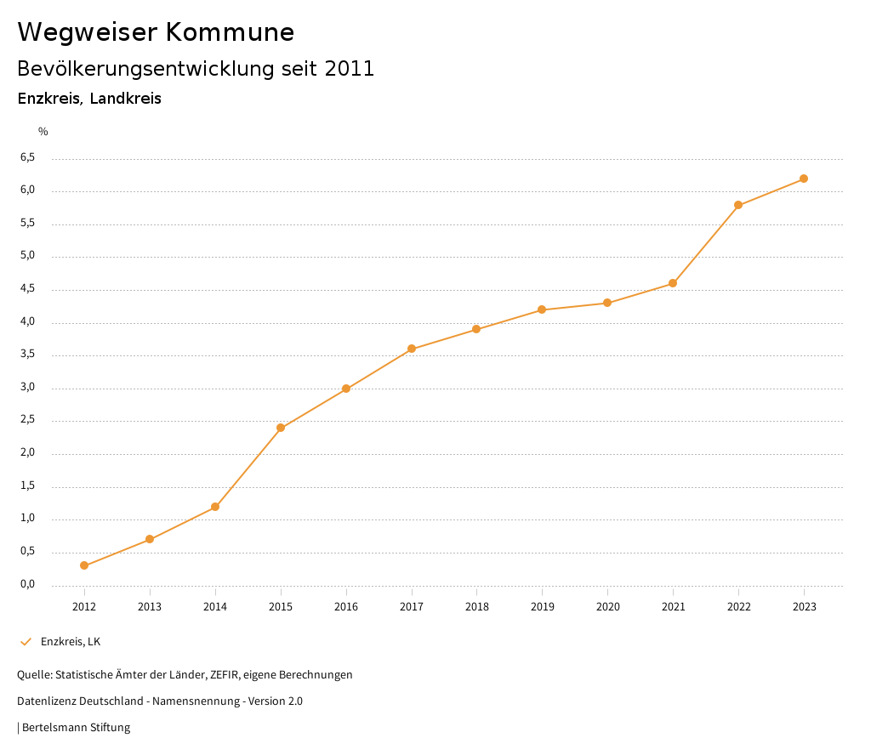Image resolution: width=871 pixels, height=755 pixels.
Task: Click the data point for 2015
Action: click(281, 428)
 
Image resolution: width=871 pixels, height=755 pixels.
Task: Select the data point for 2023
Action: click(804, 179)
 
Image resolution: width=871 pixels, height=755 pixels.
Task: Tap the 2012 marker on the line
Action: click(84, 565)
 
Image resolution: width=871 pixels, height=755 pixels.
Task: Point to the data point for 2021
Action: click(673, 283)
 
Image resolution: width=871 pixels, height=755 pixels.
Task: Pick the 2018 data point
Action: click(476, 329)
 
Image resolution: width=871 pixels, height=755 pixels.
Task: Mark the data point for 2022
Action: click(738, 205)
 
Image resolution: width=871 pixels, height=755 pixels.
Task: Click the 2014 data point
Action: click(215, 507)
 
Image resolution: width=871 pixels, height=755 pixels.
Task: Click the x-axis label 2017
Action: click(412, 607)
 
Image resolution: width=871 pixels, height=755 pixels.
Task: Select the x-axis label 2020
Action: click(607, 607)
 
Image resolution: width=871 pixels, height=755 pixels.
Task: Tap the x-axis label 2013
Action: click(150, 607)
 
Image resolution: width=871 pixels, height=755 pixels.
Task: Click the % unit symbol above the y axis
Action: click(43, 132)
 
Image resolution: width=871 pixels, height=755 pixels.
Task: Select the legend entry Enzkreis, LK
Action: click(71, 642)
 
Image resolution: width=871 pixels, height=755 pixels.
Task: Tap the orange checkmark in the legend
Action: click(26, 642)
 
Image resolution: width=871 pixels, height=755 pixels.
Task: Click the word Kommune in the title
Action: click(230, 32)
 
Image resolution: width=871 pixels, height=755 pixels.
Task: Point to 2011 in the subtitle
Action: click(350, 69)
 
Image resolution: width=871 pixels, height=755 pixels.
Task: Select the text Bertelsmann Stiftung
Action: click(76, 728)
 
